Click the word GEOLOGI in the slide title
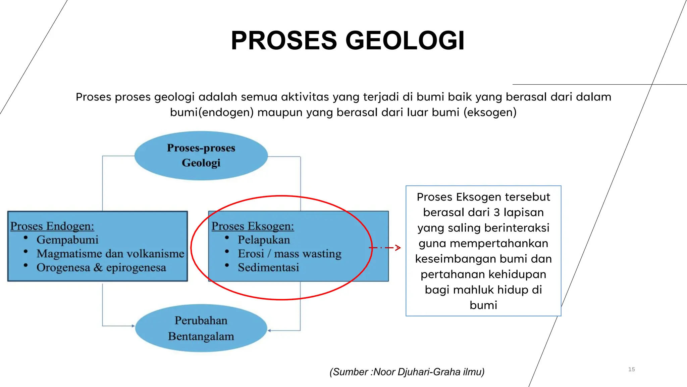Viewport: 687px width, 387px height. pyautogui.click(x=405, y=41)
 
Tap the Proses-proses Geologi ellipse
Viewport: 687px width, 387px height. pyautogui.click(x=201, y=156)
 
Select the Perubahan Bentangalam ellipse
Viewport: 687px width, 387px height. pyautogui.click(x=201, y=328)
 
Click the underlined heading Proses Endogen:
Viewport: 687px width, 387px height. pyautogui.click(x=52, y=226)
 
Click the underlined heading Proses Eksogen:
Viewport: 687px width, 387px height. pyautogui.click(x=253, y=226)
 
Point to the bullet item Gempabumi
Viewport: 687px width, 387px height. pyautogui.click(x=67, y=240)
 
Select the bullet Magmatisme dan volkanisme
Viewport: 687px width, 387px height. pyautogui.click(x=110, y=254)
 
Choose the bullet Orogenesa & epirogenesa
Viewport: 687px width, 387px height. pyautogui.click(x=101, y=268)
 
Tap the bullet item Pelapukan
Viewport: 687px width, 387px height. pyautogui.click(x=264, y=240)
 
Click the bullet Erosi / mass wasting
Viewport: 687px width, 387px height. pyautogui.click(x=289, y=254)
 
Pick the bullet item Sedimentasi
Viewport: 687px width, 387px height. pyautogui.click(x=268, y=268)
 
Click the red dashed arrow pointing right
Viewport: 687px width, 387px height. pyautogui.click(x=386, y=248)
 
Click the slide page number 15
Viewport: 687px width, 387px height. pyautogui.click(x=631, y=369)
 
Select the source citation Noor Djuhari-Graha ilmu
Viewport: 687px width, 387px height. pyautogui.click(x=407, y=372)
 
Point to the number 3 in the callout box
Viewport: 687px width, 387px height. pyautogui.click(x=496, y=212)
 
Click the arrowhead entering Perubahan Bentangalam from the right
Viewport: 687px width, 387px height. pyautogui.click(x=269, y=331)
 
